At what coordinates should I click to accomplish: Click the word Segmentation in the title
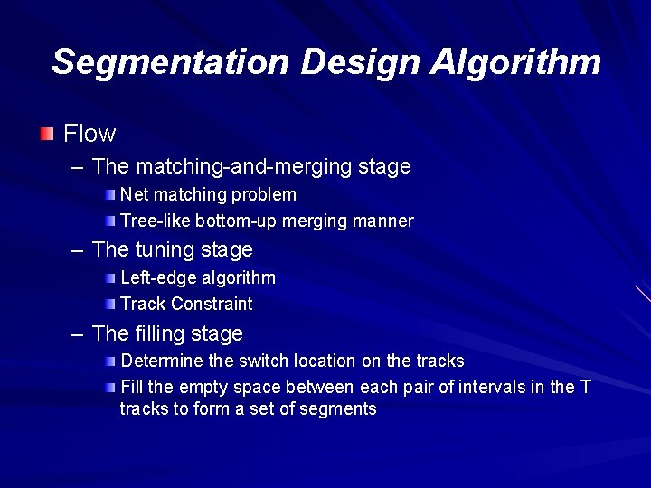click(169, 62)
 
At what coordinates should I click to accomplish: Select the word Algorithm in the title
click(515, 62)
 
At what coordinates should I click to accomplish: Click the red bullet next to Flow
click(47, 135)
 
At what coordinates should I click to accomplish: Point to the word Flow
click(90, 134)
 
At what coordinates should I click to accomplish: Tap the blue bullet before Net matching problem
click(109, 194)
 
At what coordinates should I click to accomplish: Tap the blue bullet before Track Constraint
click(109, 304)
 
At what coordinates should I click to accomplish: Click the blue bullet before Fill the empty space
click(109, 388)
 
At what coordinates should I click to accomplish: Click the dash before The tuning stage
click(78, 250)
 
